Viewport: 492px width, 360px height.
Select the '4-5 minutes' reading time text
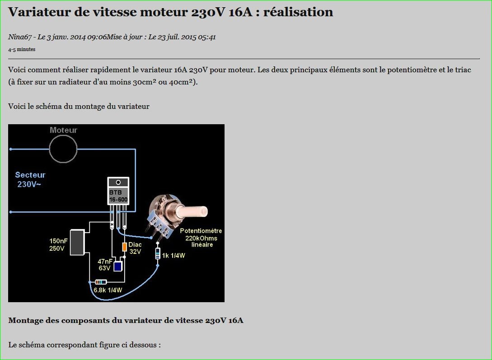[x=22, y=49]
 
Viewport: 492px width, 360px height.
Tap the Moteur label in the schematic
[x=63, y=130]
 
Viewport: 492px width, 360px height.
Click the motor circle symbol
[x=63, y=149]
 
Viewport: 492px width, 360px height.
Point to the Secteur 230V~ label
[x=30, y=179]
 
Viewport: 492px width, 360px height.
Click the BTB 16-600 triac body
[x=118, y=196]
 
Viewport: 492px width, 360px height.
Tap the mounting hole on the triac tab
[x=118, y=182]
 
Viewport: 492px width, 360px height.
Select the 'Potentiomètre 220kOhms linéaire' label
[x=201, y=238]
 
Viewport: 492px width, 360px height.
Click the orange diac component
[x=124, y=247]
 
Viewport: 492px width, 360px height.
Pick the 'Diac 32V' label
[x=135, y=248]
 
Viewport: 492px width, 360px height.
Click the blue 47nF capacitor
[x=117, y=266]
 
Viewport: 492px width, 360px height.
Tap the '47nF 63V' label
[x=105, y=265]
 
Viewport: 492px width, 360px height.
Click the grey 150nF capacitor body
[x=78, y=243]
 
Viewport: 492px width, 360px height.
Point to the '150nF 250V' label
[x=58, y=244]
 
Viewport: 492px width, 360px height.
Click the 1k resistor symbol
[x=158, y=254]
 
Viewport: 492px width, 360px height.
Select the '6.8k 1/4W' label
[x=108, y=290]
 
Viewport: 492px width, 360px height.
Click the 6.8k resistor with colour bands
[x=101, y=282]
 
